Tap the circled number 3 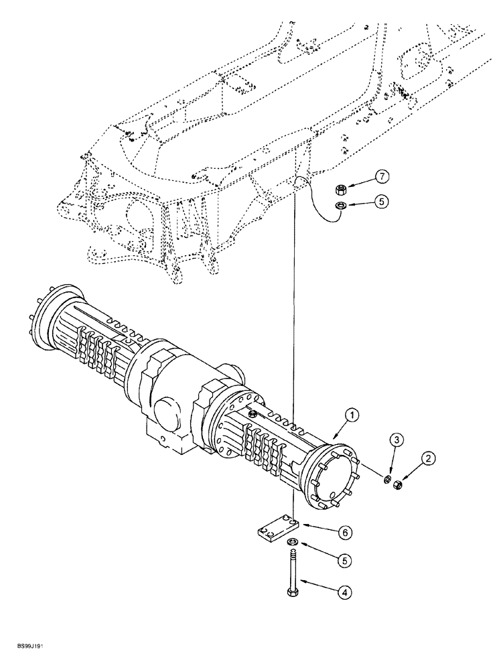tap(398, 440)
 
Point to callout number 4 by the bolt tap(344, 592)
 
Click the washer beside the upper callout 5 tap(340, 206)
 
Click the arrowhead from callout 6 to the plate tap(301, 527)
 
